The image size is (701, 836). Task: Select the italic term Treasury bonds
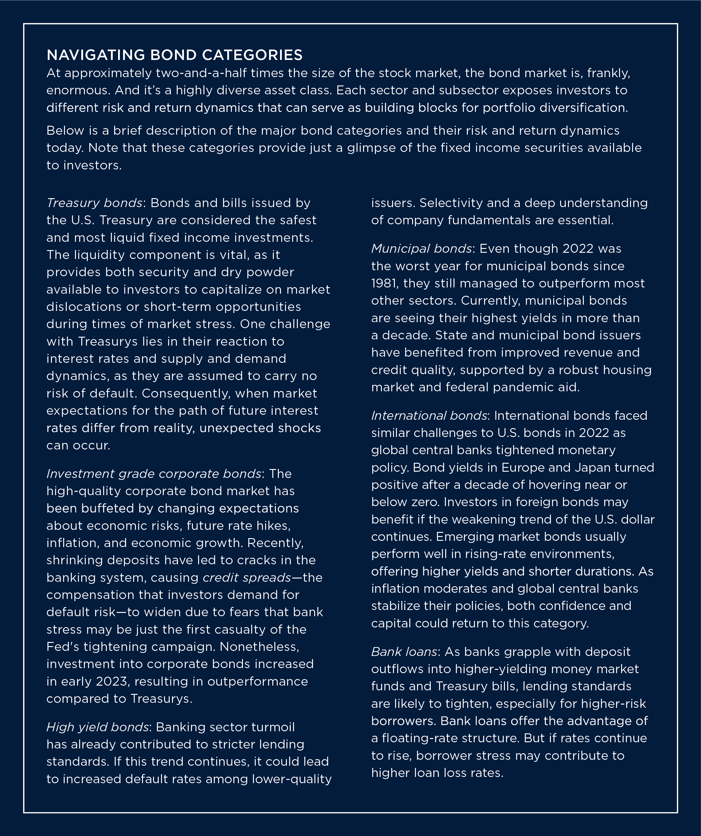click(94, 203)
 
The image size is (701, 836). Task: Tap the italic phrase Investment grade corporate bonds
click(154, 474)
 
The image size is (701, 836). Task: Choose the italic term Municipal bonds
click(422, 249)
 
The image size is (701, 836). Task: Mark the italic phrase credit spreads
click(247, 578)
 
